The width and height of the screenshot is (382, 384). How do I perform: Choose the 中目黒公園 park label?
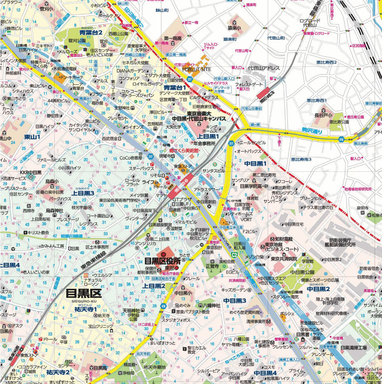(x=302, y=272)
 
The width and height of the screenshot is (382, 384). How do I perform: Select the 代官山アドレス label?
(x=264, y=68)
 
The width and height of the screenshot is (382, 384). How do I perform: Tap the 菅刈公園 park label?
(x=77, y=41)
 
